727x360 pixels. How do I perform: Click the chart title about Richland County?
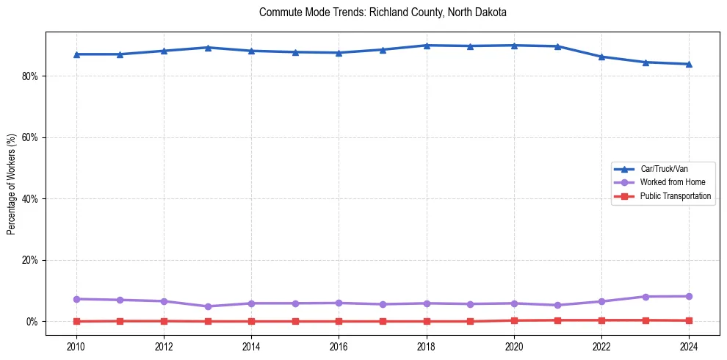[383, 12]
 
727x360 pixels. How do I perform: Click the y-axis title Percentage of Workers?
[12, 184]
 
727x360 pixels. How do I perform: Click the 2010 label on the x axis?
[76, 345]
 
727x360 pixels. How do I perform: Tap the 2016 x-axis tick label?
[339, 345]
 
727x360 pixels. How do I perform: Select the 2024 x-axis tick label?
[689, 345]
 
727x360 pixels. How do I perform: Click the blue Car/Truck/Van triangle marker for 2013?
[208, 48]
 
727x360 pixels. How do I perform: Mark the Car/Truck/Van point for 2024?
[689, 64]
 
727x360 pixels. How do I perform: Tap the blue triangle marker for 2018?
[427, 46]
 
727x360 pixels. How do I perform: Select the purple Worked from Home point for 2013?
[208, 306]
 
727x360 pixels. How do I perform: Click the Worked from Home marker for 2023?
[645, 297]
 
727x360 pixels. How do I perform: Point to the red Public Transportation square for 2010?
[76, 321]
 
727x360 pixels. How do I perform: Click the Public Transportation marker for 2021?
[558, 320]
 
